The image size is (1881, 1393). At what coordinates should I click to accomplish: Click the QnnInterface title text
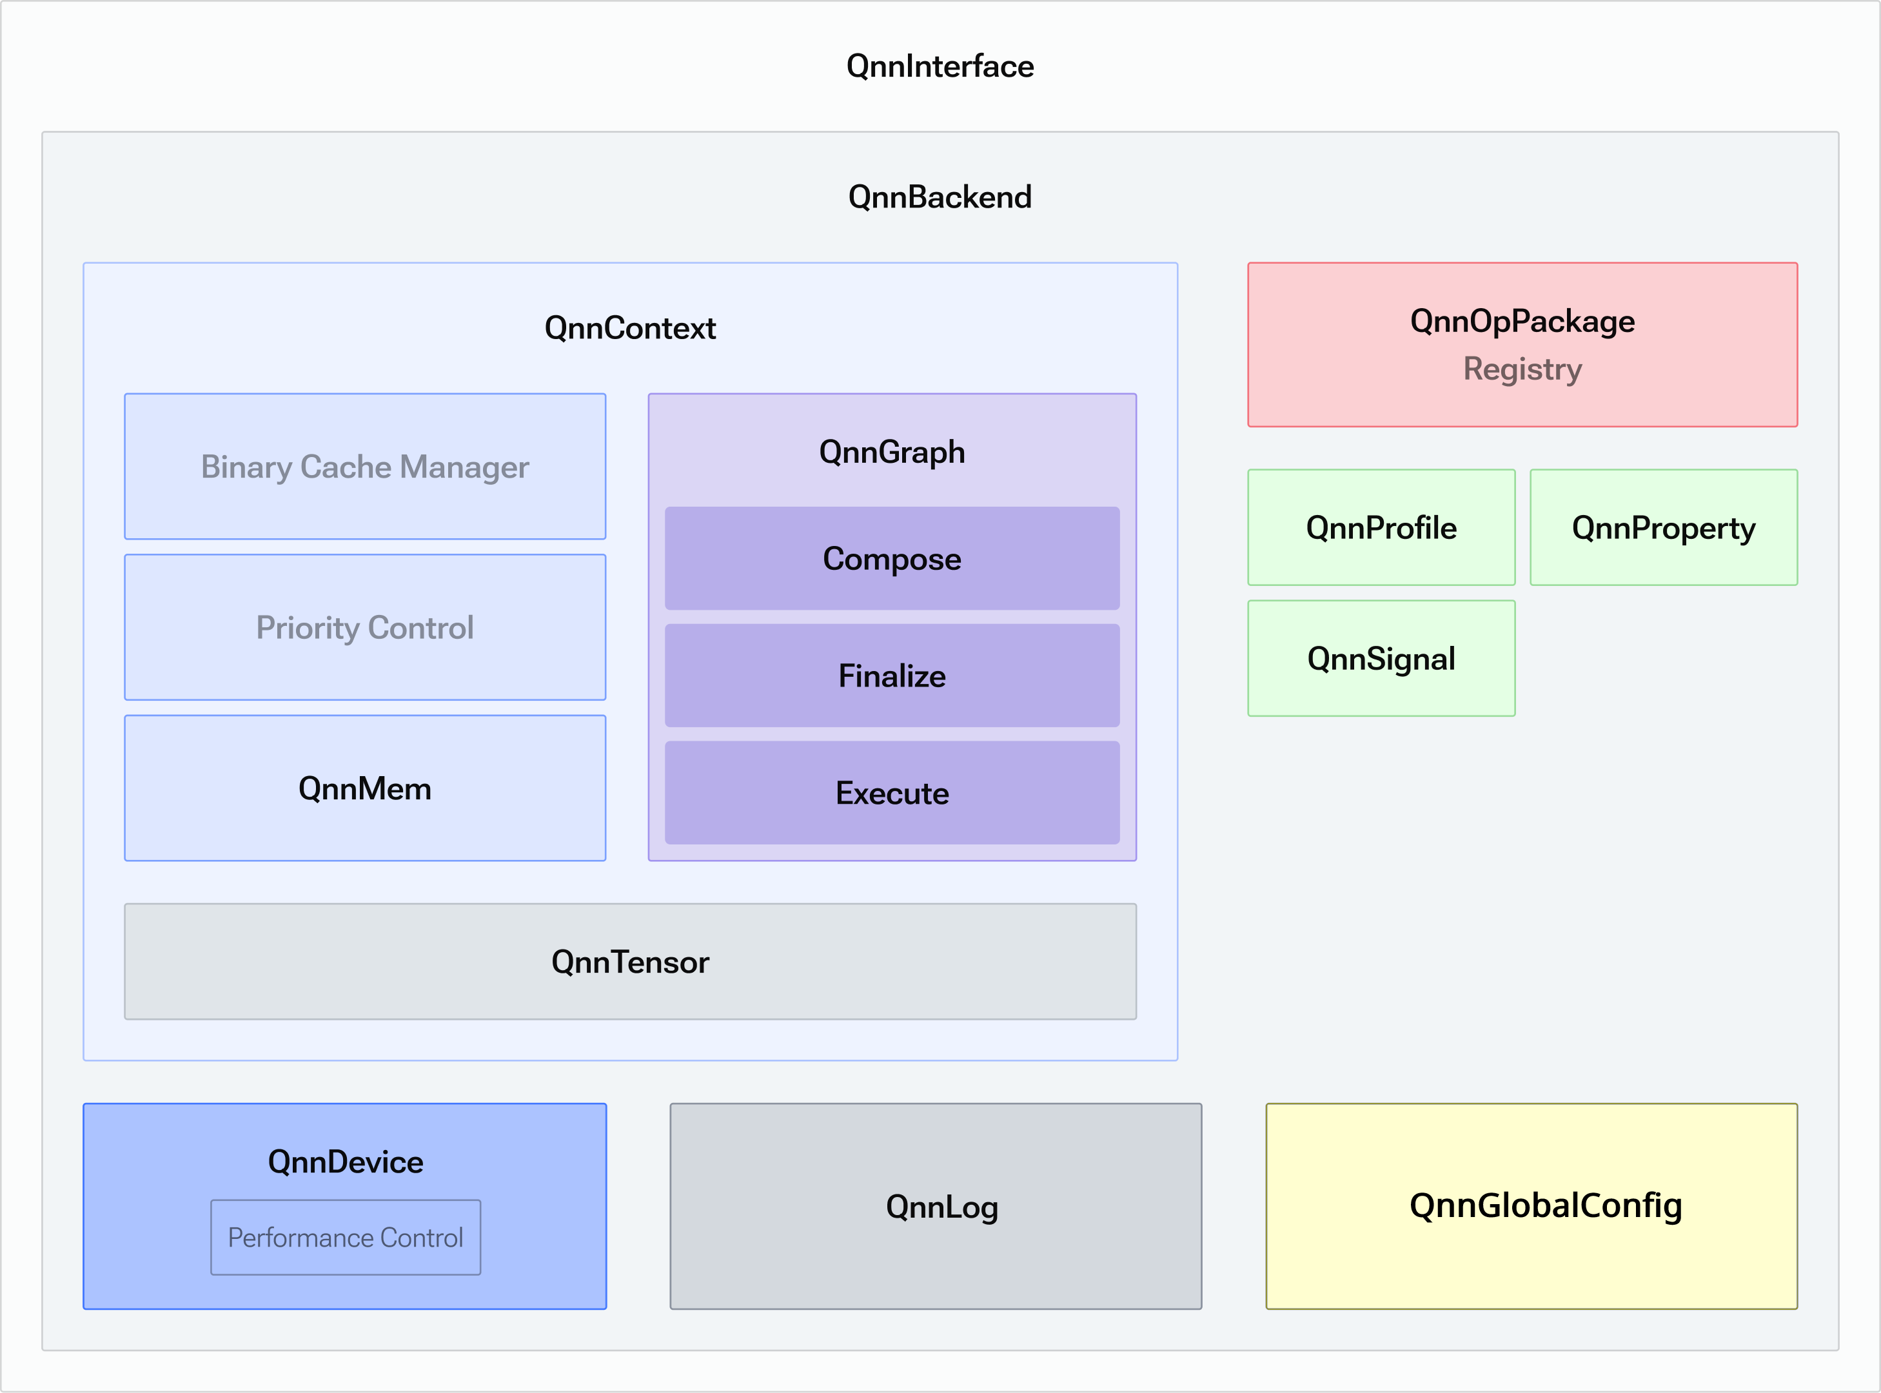tap(940, 66)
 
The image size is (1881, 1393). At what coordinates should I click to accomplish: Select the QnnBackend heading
tap(940, 197)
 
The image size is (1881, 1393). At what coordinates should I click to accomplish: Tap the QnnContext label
tap(630, 327)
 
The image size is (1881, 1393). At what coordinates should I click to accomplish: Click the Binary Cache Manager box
tap(364, 466)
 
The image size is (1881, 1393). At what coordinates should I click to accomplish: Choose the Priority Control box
tap(364, 627)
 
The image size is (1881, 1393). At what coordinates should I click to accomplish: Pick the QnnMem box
tap(364, 788)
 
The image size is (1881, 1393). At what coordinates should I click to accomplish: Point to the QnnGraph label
tap(892, 452)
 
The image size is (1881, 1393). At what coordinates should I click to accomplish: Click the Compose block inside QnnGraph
tap(892, 558)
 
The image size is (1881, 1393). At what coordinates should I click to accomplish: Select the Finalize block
tap(892, 676)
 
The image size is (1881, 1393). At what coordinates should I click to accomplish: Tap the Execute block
tap(892, 793)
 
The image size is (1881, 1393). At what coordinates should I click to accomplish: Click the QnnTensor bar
tap(630, 961)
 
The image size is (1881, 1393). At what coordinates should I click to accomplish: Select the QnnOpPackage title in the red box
tap(1522, 321)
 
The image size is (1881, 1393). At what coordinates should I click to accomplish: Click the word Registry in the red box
tap(1522, 369)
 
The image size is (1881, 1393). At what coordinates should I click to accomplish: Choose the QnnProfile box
tap(1381, 527)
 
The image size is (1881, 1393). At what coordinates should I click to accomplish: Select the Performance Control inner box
tap(345, 1237)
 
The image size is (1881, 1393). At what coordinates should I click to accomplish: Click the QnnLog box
tap(936, 1206)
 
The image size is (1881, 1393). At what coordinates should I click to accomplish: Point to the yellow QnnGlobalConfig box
tap(1531, 1206)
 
